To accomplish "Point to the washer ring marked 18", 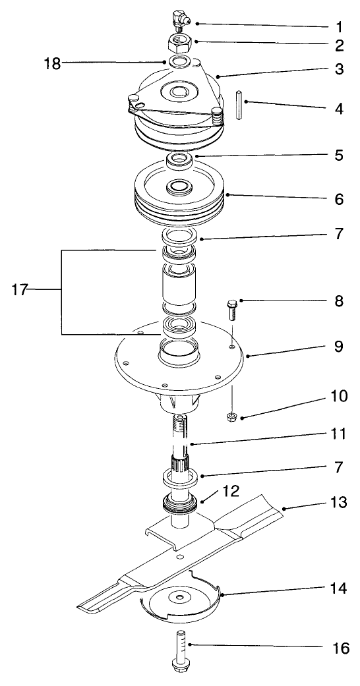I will [x=177, y=63].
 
